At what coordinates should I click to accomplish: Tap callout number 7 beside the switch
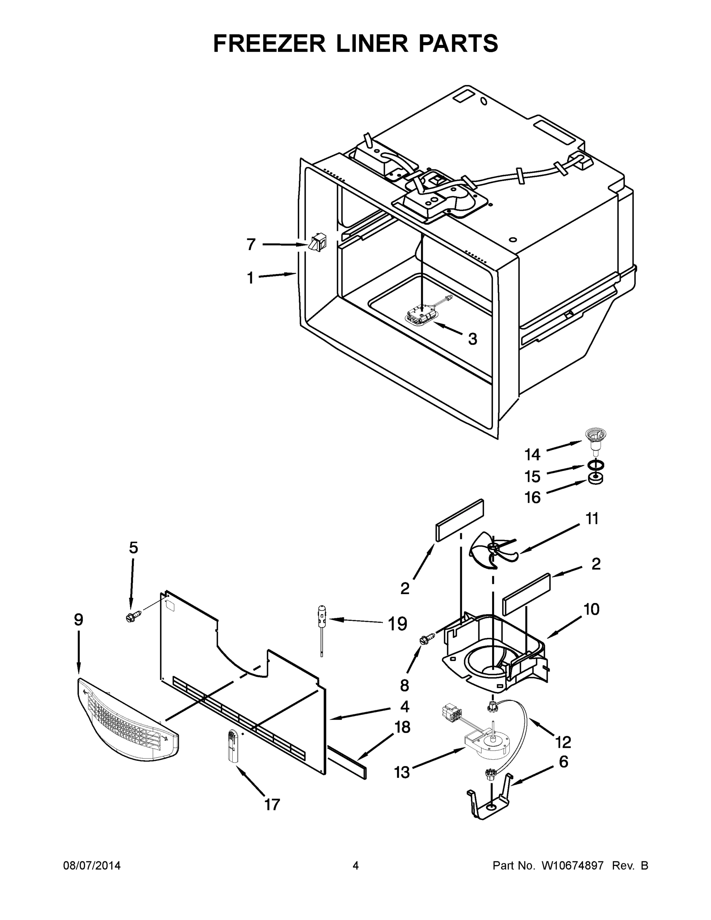point(251,244)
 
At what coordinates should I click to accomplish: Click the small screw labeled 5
point(132,617)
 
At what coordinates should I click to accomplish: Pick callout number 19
point(397,624)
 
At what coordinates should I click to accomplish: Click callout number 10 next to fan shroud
point(592,609)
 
